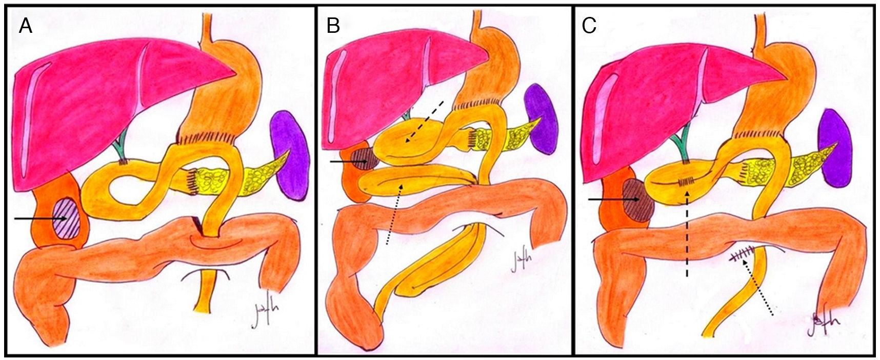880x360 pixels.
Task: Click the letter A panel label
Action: point(26,26)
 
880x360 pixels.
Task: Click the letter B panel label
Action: point(333,26)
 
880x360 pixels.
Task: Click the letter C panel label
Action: point(589,26)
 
